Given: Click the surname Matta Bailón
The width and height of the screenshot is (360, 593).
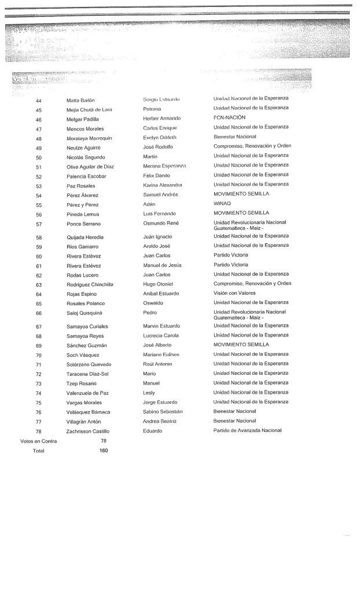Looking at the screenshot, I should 80,100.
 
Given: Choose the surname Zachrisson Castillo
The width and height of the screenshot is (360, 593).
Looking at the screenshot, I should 88,431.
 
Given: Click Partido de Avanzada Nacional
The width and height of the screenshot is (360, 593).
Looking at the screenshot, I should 247,430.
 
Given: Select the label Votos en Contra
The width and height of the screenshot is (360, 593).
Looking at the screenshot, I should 38,441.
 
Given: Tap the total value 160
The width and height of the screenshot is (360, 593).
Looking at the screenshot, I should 102,450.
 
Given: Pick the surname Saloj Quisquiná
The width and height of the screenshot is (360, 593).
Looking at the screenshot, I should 86,313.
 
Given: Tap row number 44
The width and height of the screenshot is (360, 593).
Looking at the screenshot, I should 39,100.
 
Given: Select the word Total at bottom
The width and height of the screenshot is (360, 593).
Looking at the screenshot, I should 38,451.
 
